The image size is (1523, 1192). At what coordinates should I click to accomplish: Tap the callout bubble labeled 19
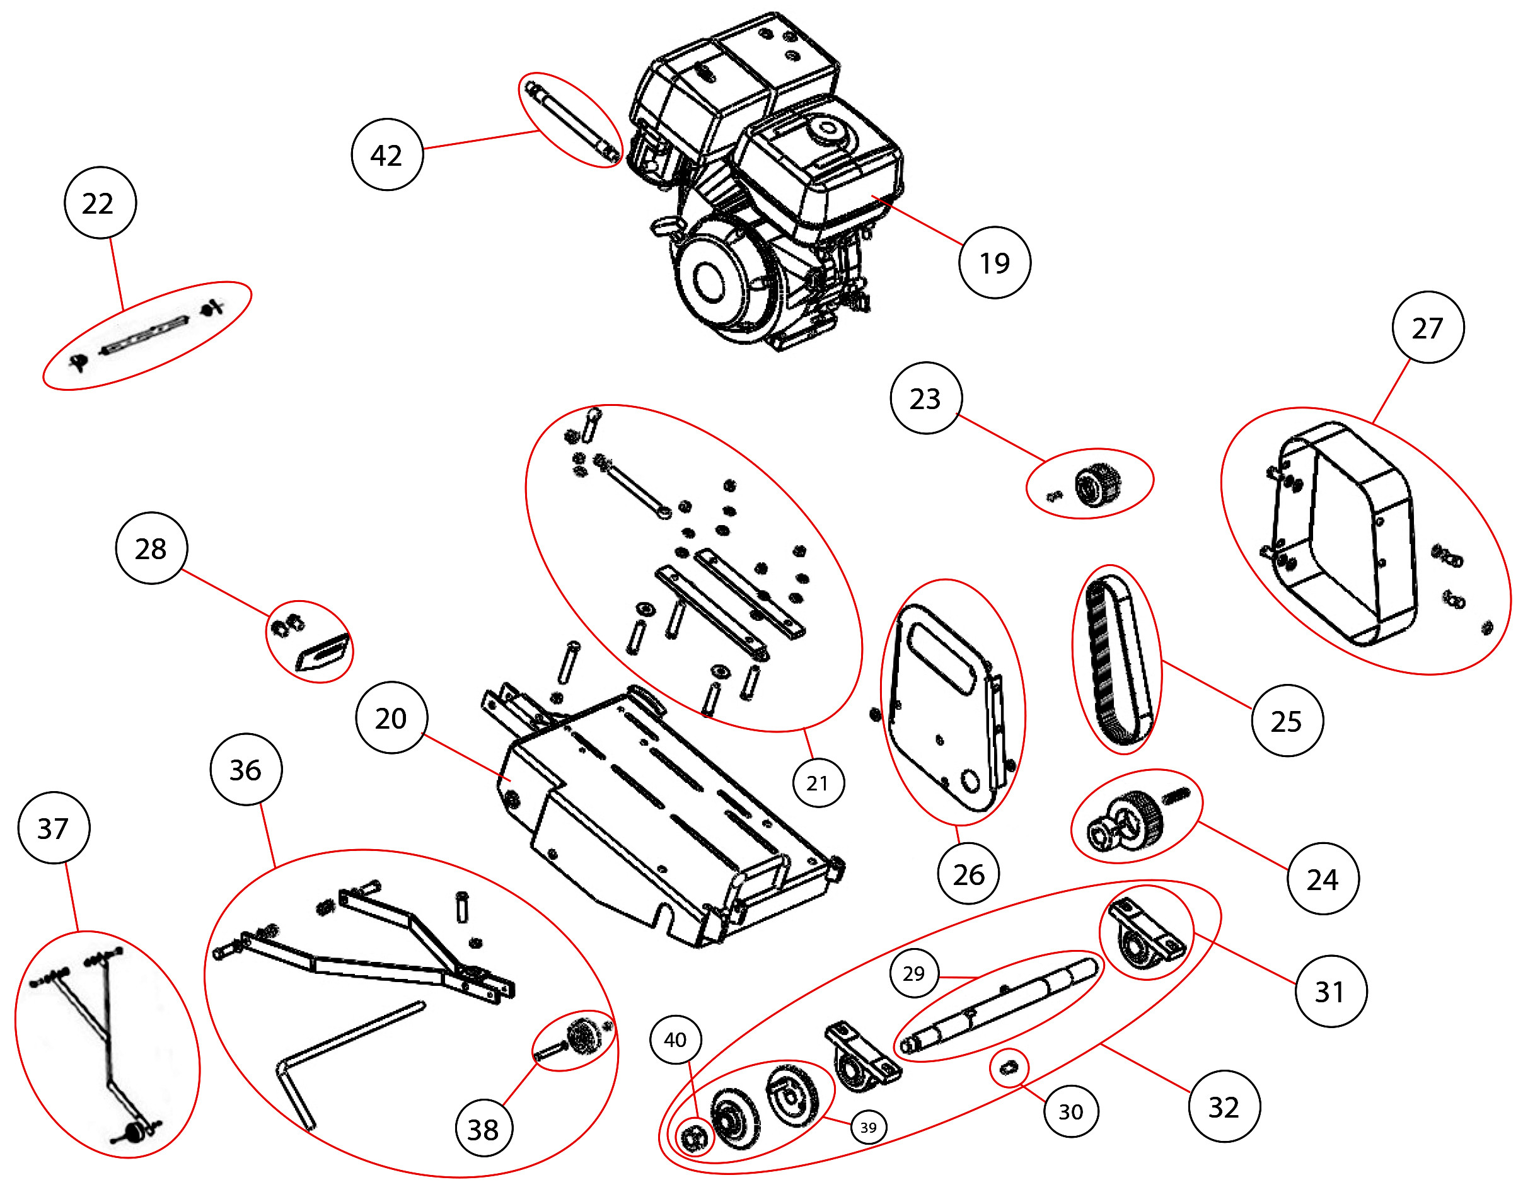[994, 262]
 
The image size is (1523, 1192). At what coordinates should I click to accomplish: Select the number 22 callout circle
[100, 202]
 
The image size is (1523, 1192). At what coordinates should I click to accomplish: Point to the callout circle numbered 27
[1427, 327]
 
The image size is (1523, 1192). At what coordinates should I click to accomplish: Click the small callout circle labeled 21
[818, 783]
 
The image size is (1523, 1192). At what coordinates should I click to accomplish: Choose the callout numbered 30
[1071, 1111]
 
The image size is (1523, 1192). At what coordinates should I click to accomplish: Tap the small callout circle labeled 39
[868, 1127]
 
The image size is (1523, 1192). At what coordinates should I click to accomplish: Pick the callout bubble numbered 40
[675, 1040]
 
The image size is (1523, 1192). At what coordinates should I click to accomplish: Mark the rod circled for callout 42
[571, 120]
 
